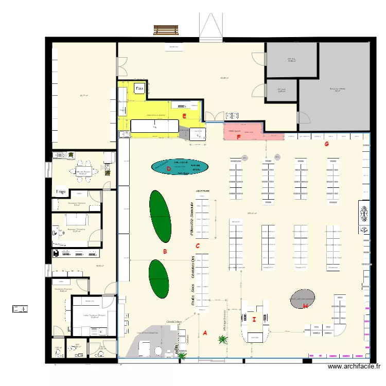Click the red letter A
(205, 332)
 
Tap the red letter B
(165, 252)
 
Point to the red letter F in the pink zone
(238, 137)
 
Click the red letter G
(326, 144)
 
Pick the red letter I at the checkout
(254, 320)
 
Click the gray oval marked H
(302, 299)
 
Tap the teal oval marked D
(180, 167)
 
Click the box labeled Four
(139, 89)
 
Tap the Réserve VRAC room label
(337, 90)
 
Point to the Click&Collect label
(174, 322)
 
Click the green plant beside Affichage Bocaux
(222, 339)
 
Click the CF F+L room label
(291, 60)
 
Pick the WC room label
(77, 345)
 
